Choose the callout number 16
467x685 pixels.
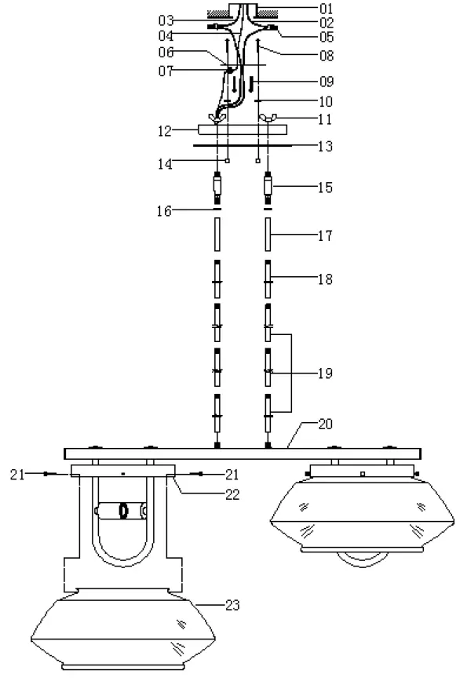[167, 210]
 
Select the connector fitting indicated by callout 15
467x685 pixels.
[268, 188]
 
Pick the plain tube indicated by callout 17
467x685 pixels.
[268, 233]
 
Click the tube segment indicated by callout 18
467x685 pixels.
[268, 277]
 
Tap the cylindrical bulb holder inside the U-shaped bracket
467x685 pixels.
[122, 511]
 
